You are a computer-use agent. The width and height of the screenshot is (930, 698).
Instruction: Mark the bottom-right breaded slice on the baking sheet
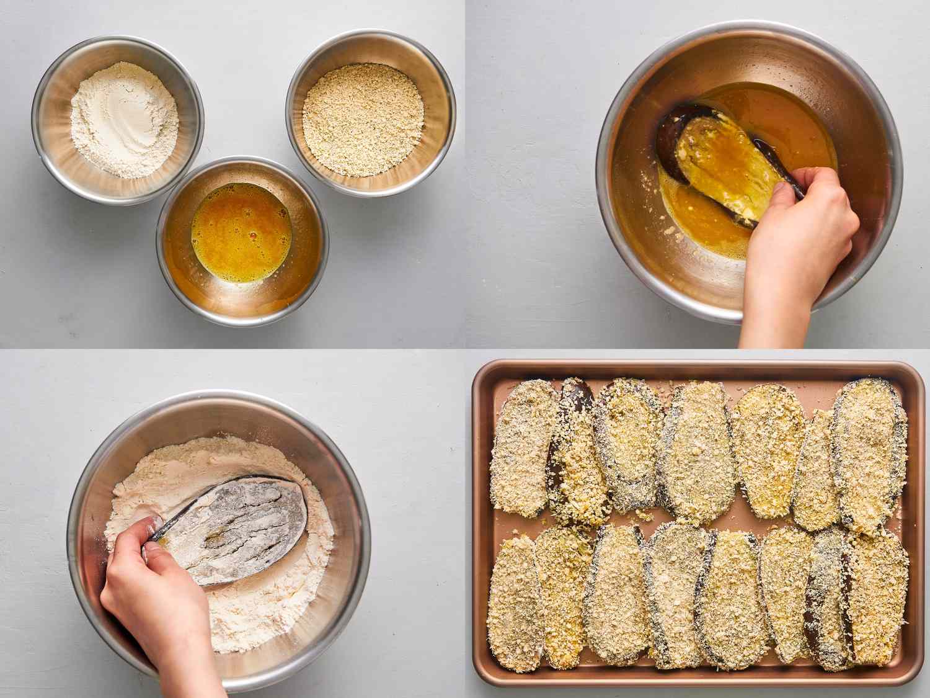877,596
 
